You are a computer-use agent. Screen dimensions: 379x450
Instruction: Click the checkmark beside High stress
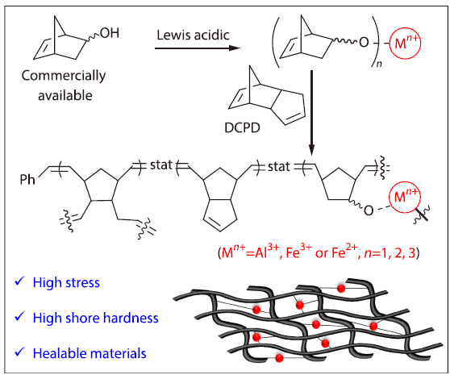click(x=19, y=282)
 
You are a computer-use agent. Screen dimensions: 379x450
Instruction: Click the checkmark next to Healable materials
click(x=19, y=352)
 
